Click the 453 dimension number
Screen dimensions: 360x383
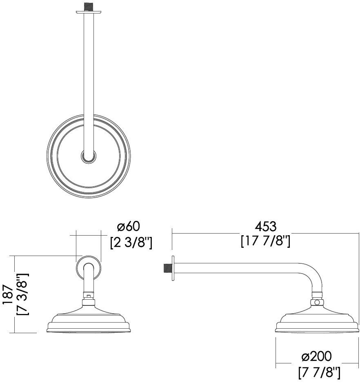click(x=265, y=227)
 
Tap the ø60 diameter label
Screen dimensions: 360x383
click(x=129, y=226)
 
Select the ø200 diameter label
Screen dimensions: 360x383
click(x=316, y=356)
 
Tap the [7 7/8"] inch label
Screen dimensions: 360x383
click(x=319, y=372)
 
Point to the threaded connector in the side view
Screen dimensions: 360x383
click(x=167, y=268)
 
